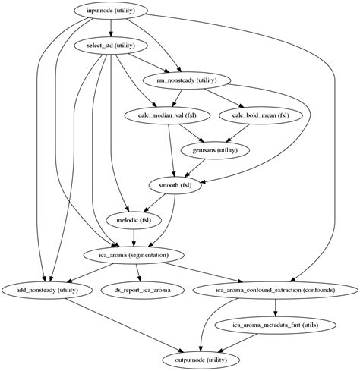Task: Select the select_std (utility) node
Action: tap(112, 46)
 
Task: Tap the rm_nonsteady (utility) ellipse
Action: tap(187, 80)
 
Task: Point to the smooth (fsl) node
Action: tap(175, 185)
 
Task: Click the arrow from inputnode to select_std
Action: tap(112, 29)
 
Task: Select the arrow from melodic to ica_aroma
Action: tap(134, 237)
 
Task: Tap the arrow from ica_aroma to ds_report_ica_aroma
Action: tap(137, 272)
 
